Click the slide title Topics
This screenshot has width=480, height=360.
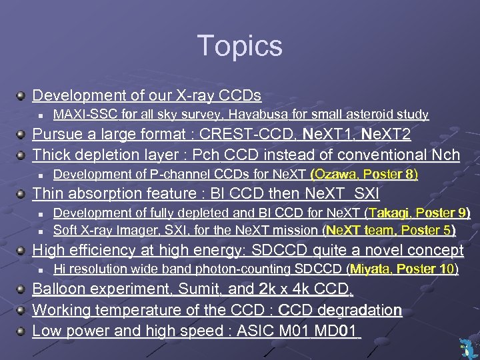coord(240,46)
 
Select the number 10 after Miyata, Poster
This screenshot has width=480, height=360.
coord(446,269)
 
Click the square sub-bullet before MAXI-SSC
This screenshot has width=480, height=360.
coord(41,115)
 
